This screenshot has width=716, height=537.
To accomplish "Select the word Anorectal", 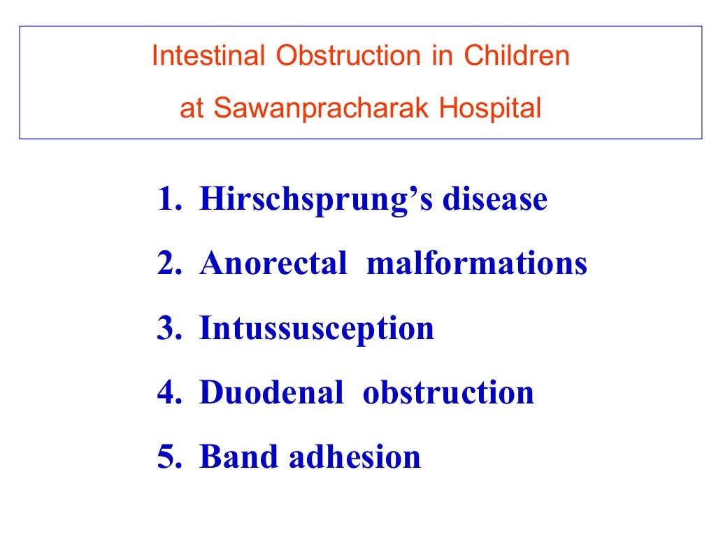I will [273, 264].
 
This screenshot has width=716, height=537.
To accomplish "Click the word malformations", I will [476, 264].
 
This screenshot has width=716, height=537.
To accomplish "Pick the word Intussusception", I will [317, 329].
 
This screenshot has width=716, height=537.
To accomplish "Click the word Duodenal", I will [271, 392].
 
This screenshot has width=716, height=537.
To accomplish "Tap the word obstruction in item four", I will [448, 392].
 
